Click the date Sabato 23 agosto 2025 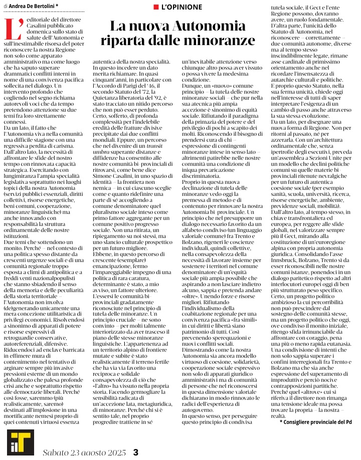tap(83, 452)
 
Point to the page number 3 tap(135, 452)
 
